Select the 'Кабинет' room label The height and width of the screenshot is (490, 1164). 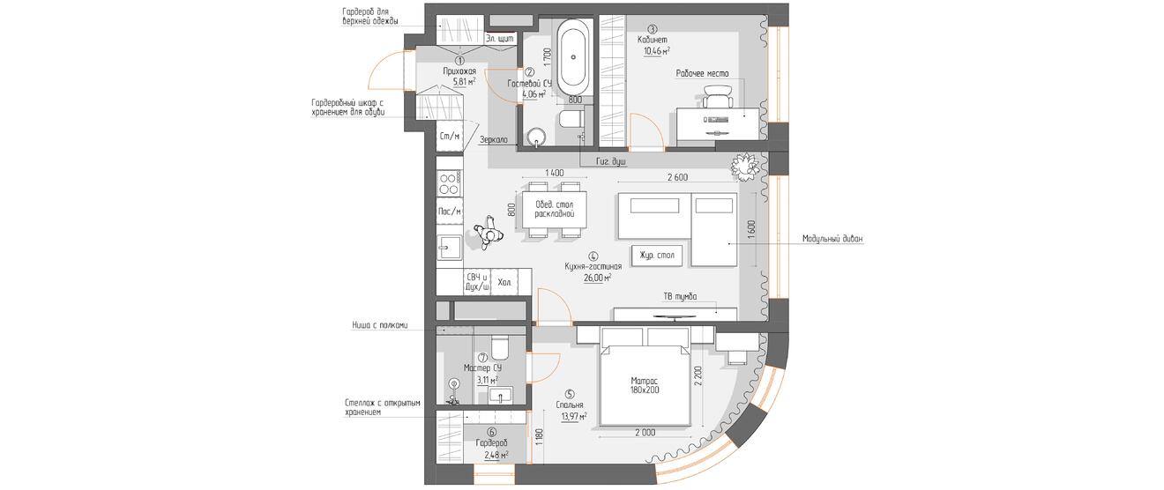653,40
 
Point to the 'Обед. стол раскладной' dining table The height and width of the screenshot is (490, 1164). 554,210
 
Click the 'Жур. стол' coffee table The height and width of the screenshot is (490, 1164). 657,256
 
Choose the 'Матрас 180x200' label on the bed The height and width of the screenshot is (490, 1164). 645,384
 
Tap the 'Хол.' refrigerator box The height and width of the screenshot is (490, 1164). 504,282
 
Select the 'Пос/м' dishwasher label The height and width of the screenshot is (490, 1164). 450,212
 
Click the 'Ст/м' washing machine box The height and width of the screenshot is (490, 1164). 450,136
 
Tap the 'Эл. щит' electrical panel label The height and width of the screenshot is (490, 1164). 500,39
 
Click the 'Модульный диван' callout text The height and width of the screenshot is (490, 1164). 832,239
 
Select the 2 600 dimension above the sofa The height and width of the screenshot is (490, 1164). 677,177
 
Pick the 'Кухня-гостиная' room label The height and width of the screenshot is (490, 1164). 593,266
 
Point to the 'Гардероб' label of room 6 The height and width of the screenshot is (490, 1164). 491,443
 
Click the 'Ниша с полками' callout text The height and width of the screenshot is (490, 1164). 380,325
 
